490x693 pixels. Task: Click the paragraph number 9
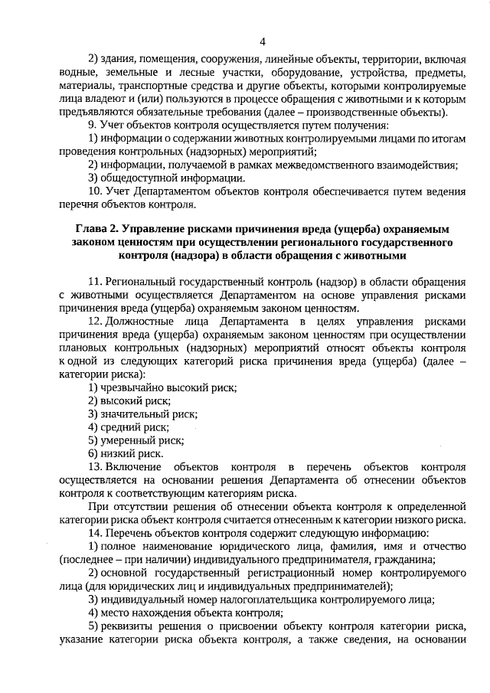(91, 125)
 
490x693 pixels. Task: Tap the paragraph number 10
(93, 191)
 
